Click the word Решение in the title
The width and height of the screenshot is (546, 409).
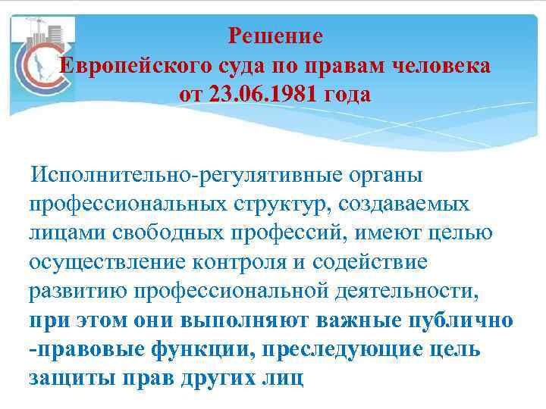click(x=275, y=36)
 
